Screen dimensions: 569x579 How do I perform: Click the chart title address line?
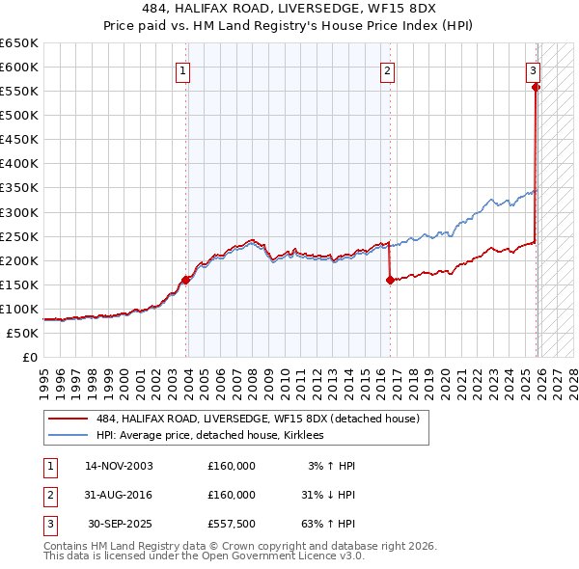click(289, 8)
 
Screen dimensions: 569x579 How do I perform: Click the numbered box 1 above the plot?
click(182, 69)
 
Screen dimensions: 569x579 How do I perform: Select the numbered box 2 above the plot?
click(386, 69)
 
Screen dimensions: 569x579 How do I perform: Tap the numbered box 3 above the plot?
click(533, 69)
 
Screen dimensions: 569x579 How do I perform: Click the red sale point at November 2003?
click(185, 280)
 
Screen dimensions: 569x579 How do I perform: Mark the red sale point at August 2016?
click(390, 281)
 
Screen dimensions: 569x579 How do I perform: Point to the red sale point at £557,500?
click(536, 87)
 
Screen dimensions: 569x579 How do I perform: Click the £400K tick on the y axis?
click(19, 164)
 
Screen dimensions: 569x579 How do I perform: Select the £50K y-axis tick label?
click(22, 333)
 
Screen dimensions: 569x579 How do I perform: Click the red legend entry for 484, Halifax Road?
click(257, 420)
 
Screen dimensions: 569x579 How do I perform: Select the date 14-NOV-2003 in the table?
click(119, 466)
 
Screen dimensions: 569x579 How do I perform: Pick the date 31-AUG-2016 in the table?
click(119, 494)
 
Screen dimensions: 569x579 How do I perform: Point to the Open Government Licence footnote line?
click(204, 556)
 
